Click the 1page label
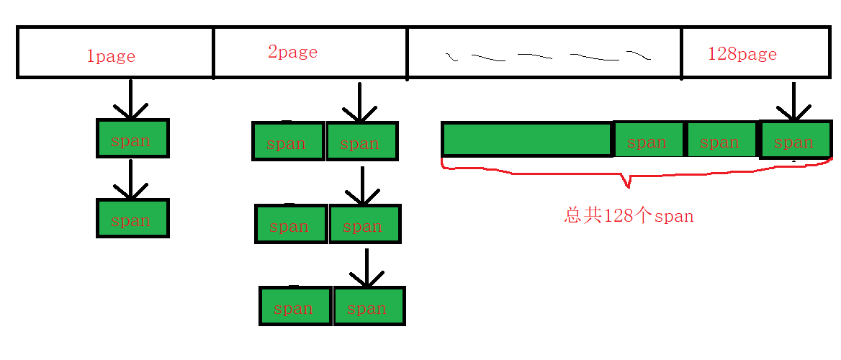click(x=111, y=56)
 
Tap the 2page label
click(x=292, y=52)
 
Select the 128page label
click(x=742, y=54)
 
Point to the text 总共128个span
click(x=629, y=216)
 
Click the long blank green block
click(x=526, y=140)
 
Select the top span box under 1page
click(x=132, y=138)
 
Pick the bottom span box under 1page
click(x=132, y=218)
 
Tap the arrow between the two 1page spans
click(x=130, y=179)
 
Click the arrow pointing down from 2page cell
click(x=360, y=102)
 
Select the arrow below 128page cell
click(x=793, y=102)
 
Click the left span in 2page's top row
click(x=288, y=142)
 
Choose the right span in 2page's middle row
click(x=364, y=224)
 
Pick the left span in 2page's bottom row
click(x=295, y=306)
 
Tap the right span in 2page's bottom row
click(x=369, y=306)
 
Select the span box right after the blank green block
click(x=648, y=140)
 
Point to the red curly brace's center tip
click(x=629, y=186)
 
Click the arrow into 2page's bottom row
click(x=366, y=268)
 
